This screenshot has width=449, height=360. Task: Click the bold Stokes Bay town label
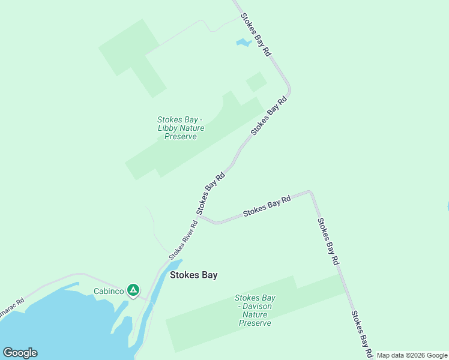click(193, 275)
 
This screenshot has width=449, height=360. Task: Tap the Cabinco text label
click(109, 292)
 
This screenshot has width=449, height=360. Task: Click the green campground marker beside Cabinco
click(133, 290)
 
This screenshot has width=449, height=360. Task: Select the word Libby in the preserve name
click(169, 128)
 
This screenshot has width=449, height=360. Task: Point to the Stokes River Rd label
click(183, 239)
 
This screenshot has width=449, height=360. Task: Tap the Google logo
click(20, 353)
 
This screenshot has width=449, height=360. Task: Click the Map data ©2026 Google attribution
click(412, 355)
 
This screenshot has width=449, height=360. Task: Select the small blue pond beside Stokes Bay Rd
click(243, 43)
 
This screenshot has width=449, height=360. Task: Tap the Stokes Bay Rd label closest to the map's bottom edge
click(363, 332)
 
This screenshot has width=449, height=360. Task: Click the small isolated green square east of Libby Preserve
click(256, 82)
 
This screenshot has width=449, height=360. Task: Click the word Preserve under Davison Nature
click(255, 323)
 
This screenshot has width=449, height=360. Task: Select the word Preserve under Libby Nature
click(181, 137)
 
